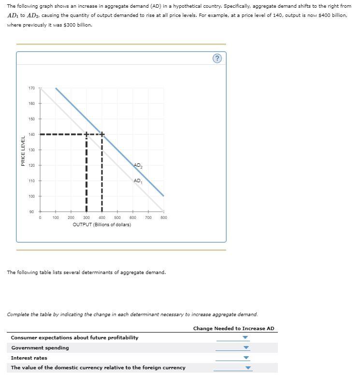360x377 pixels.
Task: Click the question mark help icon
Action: tap(217, 58)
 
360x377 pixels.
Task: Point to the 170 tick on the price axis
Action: tap(32, 88)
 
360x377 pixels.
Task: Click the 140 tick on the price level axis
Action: tap(32, 134)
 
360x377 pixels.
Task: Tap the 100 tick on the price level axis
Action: tap(32, 196)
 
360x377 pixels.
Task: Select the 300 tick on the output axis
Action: tap(86, 218)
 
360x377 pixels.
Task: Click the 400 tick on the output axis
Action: tap(102, 218)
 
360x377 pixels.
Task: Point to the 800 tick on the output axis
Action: tap(164, 218)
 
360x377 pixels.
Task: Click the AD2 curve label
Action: tap(138, 166)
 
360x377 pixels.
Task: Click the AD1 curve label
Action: tap(138, 181)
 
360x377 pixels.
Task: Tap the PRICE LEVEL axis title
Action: tap(23, 151)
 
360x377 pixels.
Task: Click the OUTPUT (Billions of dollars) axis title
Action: tap(101, 225)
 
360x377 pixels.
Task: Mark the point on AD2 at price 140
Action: tap(102, 134)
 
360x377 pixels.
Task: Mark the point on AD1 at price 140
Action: tap(86, 134)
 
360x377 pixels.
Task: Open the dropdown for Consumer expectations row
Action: tap(245, 338)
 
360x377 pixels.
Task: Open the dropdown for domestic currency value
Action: tap(248, 368)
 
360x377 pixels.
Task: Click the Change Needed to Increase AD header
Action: tap(233, 329)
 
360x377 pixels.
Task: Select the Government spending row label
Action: tap(40, 348)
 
